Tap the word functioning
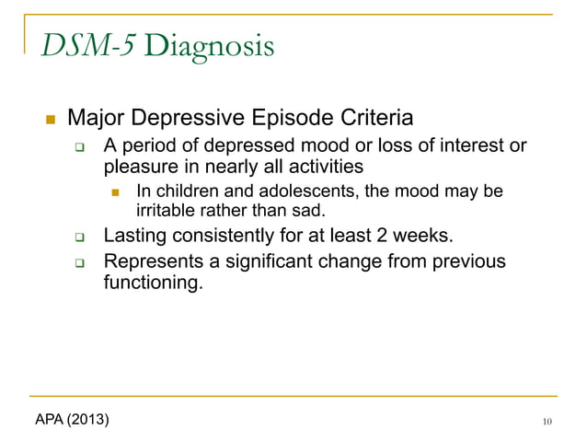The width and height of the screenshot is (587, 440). [x=151, y=283]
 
